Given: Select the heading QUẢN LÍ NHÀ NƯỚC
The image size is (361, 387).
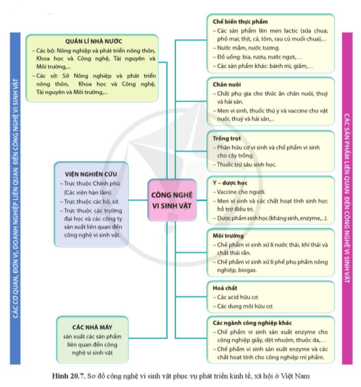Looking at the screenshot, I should tap(93, 41).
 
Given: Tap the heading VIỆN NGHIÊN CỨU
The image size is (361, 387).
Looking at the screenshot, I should tap(91, 174).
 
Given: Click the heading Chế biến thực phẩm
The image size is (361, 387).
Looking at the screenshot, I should tap(240, 22).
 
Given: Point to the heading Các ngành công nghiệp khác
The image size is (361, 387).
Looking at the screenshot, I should tap(252, 323).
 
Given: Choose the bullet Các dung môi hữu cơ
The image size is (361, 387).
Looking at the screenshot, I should tap(245, 306).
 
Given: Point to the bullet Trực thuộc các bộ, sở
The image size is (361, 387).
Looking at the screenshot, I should tap(92, 201).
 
